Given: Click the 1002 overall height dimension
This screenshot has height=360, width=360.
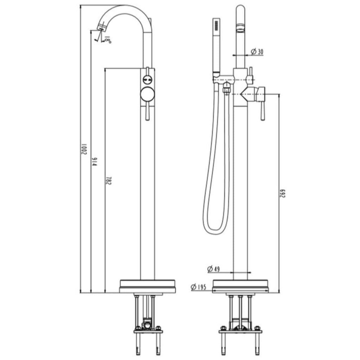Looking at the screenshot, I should tap(84, 148).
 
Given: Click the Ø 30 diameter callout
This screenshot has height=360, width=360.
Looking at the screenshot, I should tap(256, 52).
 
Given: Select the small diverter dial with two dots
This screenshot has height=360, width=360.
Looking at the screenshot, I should tap(148, 80).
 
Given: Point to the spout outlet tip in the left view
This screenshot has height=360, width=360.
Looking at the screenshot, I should tap(101, 28).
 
